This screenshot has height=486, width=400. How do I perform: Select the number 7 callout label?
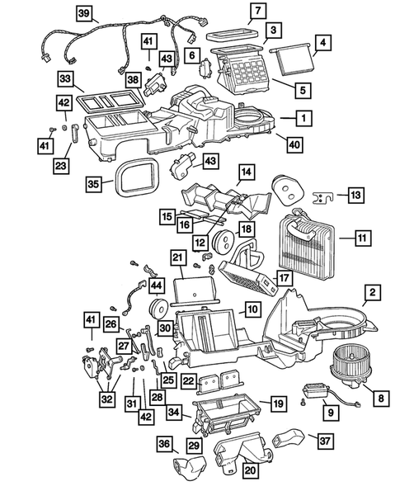point(258,12)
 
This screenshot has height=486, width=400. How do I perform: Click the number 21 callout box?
point(177,258)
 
